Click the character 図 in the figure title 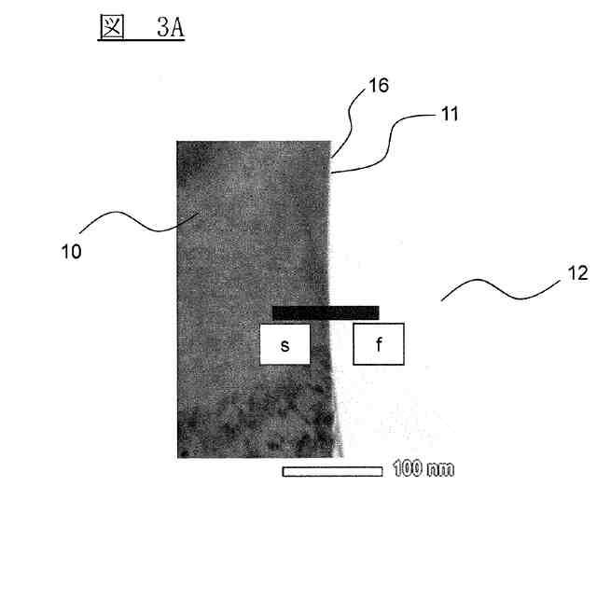112,27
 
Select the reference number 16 377,86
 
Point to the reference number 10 71,251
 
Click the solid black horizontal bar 326,312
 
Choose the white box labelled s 285,344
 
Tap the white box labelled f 379,344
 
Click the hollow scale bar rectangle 333,471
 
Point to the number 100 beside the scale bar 408,468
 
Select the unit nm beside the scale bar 441,469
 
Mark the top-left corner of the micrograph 178,141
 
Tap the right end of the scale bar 382,471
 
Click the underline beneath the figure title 141,42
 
